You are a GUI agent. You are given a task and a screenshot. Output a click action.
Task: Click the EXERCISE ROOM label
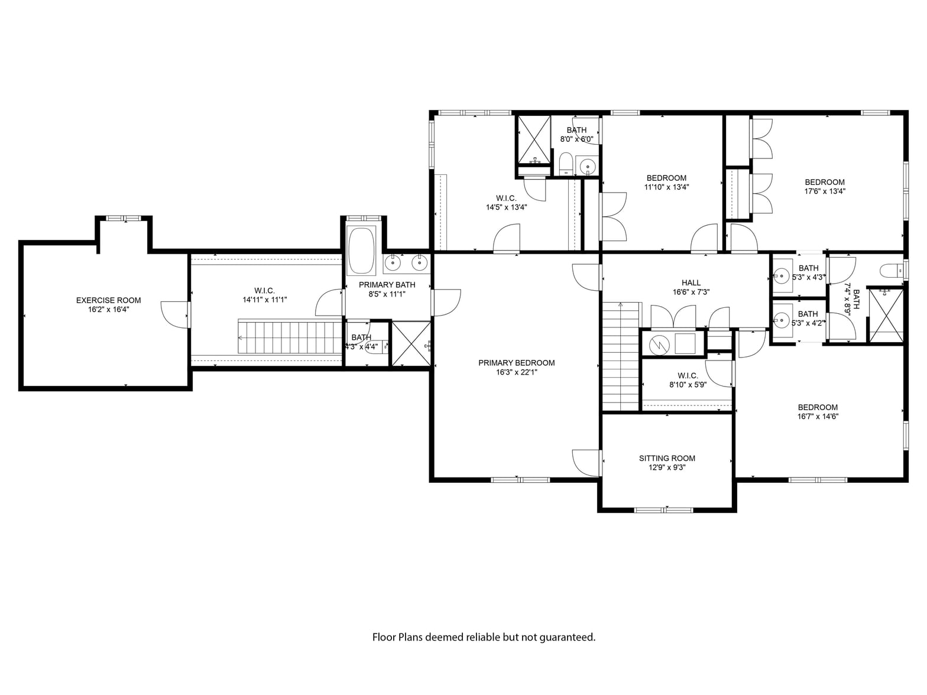pyautogui.click(x=109, y=300)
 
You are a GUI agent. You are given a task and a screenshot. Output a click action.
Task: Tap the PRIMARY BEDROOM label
pyautogui.click(x=517, y=363)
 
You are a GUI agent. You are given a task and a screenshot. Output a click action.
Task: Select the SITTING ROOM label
pyautogui.click(x=667, y=458)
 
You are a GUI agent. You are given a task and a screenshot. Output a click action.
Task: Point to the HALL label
pyautogui.click(x=691, y=282)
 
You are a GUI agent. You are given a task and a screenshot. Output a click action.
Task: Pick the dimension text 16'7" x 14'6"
pyautogui.click(x=818, y=417)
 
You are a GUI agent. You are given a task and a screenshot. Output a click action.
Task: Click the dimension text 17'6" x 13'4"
pyautogui.click(x=825, y=191)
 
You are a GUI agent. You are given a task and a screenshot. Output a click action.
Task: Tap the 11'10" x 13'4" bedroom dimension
pyautogui.click(x=666, y=187)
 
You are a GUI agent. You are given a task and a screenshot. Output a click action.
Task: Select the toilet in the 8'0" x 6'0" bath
pyautogui.click(x=566, y=164)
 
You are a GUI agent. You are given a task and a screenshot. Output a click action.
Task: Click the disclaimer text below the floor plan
pyautogui.click(x=484, y=637)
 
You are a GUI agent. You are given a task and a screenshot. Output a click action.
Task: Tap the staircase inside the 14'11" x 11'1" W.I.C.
pyautogui.click(x=290, y=337)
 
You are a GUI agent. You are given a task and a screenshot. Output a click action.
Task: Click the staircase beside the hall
pyautogui.click(x=620, y=356)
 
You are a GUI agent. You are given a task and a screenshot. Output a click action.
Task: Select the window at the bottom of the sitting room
pyautogui.click(x=663, y=510)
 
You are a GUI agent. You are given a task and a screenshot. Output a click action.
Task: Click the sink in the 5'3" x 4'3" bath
pyautogui.click(x=782, y=277)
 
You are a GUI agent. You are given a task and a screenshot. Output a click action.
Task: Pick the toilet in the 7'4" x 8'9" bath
pyautogui.click(x=891, y=270)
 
